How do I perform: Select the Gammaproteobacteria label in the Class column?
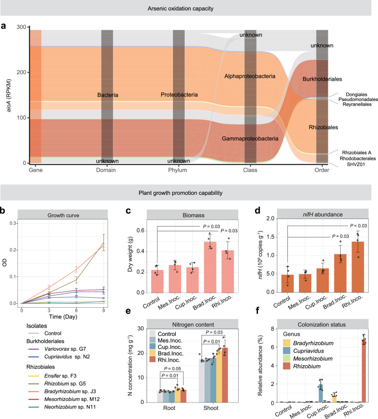(x=250, y=139)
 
